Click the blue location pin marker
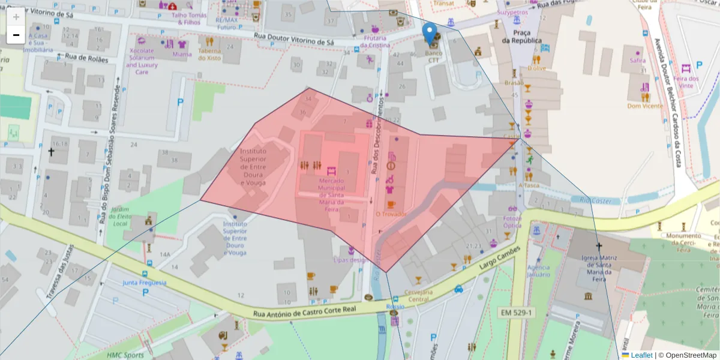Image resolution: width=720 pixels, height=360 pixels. point(430,32)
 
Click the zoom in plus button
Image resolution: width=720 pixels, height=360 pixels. point(16,17)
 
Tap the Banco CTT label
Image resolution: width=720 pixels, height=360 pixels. point(433,57)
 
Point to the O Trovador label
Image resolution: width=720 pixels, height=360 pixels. point(391,214)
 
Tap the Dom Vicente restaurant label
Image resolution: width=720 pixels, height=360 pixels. point(645,106)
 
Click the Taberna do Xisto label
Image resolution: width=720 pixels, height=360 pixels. point(210,54)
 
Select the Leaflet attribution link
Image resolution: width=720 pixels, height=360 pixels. point(641,355)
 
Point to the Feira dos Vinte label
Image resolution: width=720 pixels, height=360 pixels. point(686,82)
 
